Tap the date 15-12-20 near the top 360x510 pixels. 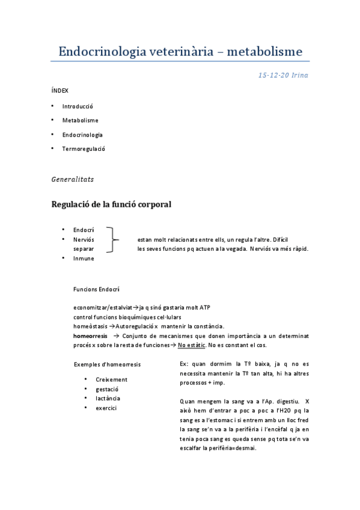[x=273, y=75]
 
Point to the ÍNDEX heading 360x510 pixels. [x=60, y=91]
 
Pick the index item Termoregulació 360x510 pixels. [x=84, y=149]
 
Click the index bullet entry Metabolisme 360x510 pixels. [x=81, y=120]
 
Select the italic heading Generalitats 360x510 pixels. [x=73, y=179]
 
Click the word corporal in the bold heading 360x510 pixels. [x=148, y=204]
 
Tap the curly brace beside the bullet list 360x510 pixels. [x=112, y=239]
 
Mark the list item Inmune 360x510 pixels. [x=84, y=259]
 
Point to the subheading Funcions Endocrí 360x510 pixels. [x=96, y=289]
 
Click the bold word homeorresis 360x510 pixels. [x=91, y=336]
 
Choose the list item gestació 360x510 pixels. [x=107, y=389]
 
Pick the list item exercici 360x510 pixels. [x=106, y=408]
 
